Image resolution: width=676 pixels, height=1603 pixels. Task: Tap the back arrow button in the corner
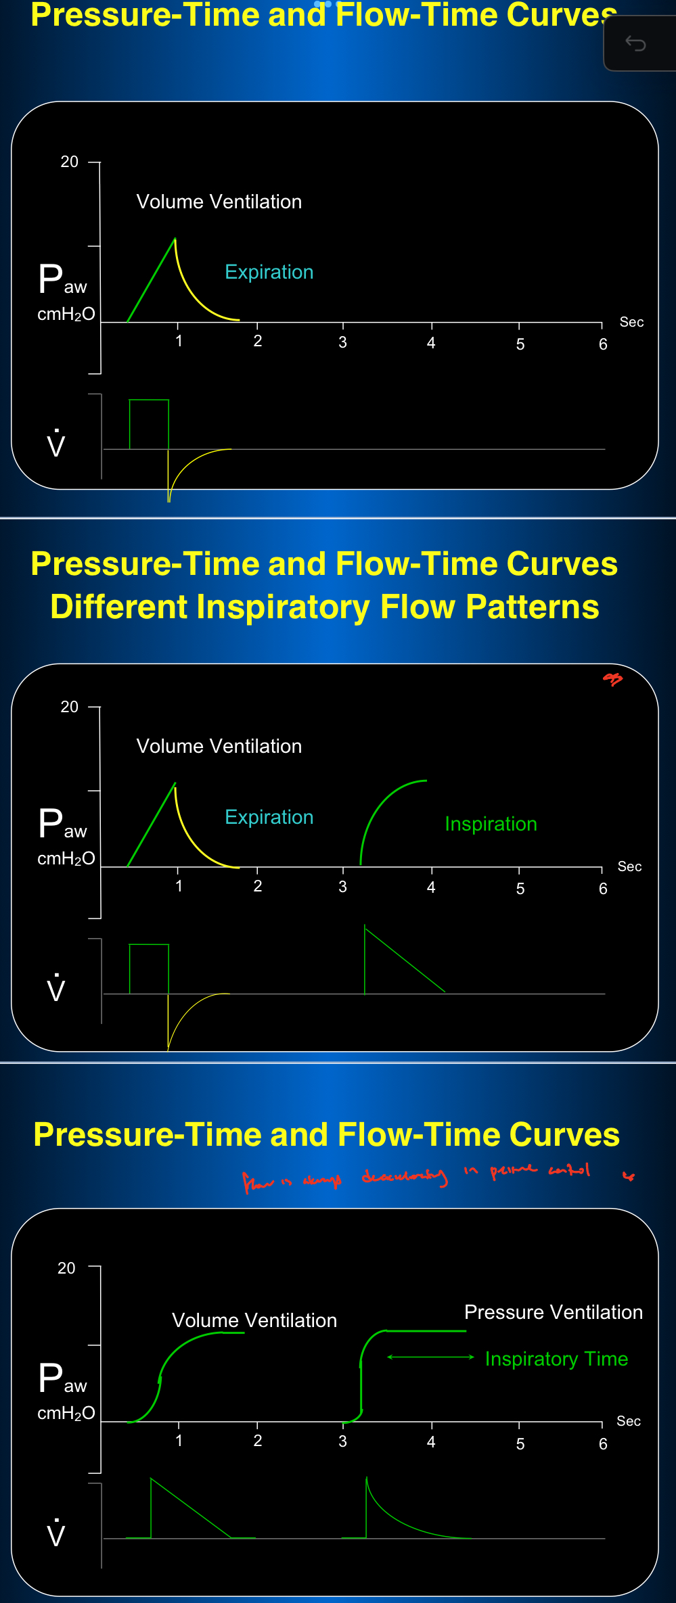click(635, 44)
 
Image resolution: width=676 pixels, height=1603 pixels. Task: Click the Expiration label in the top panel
click(269, 272)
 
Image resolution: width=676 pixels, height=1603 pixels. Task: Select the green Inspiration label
click(491, 824)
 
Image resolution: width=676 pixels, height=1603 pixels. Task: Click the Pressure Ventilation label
click(553, 1312)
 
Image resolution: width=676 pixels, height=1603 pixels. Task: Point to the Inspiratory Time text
click(556, 1359)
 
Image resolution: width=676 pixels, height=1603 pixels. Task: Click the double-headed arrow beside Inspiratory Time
click(430, 1357)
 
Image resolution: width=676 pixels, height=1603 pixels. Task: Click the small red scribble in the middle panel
click(612, 678)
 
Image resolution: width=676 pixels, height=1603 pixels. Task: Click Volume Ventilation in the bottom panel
click(254, 1320)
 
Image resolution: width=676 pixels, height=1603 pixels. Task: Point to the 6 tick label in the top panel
click(603, 344)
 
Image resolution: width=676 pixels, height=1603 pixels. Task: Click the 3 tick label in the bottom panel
click(342, 1441)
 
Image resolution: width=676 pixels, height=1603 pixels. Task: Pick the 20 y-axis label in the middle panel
click(69, 707)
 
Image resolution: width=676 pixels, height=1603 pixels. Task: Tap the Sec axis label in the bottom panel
click(628, 1421)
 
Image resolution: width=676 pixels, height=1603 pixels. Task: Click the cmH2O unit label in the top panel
click(66, 315)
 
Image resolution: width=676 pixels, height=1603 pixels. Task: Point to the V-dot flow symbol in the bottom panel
click(56, 1533)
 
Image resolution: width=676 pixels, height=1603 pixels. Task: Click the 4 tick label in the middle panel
click(431, 887)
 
